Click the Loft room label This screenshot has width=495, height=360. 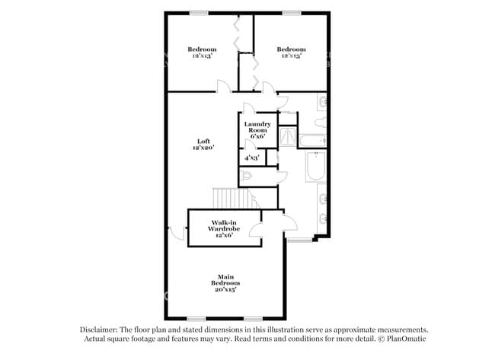203,142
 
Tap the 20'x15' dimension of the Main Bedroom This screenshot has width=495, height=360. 225,289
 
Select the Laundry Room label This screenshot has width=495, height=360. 257,127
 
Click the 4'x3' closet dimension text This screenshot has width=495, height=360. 252,158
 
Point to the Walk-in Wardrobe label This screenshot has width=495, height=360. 224,225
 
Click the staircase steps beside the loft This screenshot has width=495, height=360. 234,198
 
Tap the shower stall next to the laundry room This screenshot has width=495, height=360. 287,136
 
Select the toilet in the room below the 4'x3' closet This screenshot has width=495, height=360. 245,175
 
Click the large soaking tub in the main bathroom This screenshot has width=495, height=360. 316,166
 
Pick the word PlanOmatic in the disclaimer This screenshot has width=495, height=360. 407,339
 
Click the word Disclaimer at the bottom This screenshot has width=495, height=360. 99,330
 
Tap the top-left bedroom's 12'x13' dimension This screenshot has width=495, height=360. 202,56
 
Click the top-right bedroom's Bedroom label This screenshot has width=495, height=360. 291,49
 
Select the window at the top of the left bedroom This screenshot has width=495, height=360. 199,13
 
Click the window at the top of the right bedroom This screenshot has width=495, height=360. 292,13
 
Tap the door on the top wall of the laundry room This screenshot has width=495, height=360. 249,108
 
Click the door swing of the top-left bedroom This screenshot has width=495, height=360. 224,86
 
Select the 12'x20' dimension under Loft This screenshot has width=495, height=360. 203,148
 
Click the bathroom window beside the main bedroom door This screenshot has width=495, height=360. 299,240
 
